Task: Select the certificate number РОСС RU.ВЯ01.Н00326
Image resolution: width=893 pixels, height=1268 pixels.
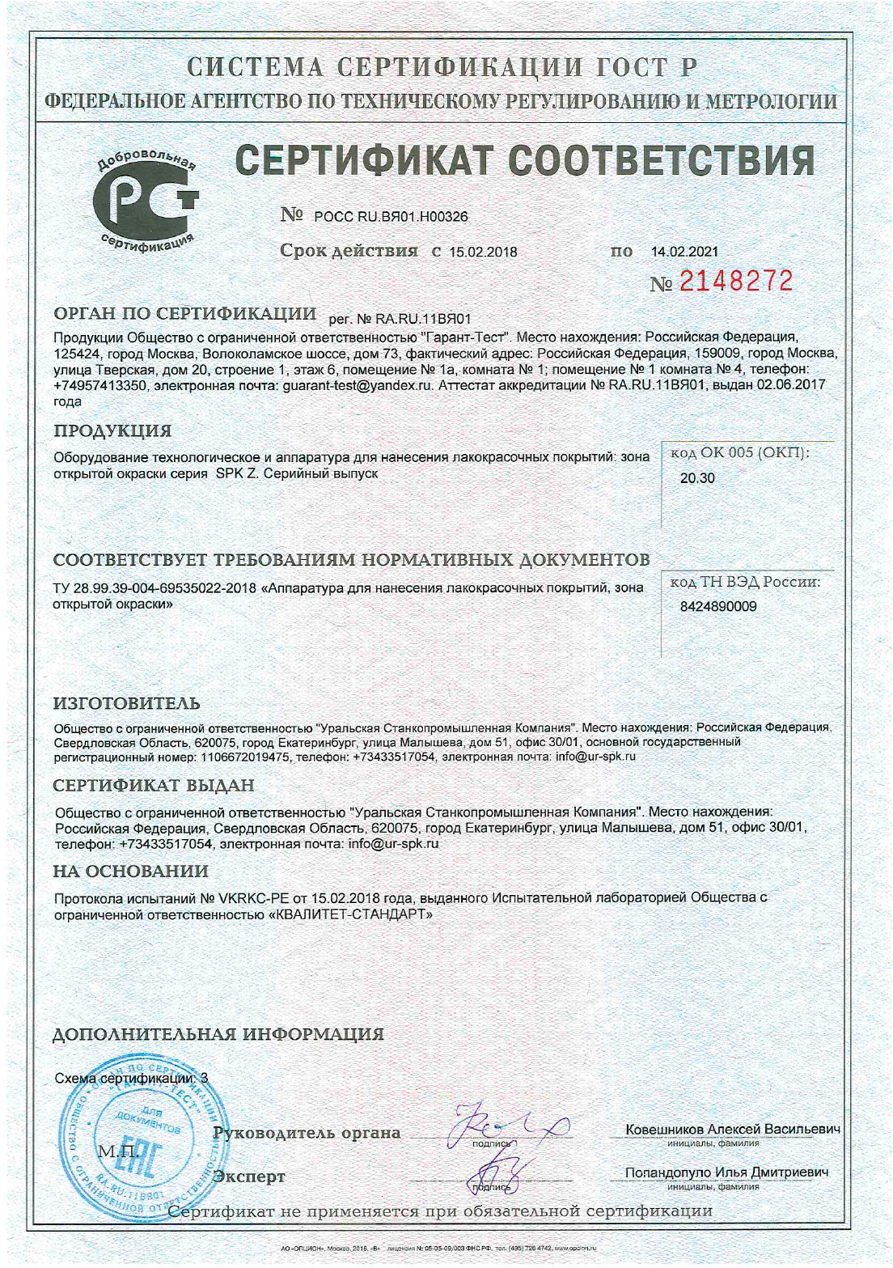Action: click(x=390, y=217)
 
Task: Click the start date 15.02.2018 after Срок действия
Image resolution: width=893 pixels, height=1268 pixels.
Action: click(x=483, y=252)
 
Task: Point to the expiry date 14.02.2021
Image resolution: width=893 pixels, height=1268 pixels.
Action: click(x=684, y=252)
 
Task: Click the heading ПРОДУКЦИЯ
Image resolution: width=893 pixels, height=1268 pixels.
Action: click(x=112, y=430)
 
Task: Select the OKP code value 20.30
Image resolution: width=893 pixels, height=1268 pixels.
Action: click(x=697, y=478)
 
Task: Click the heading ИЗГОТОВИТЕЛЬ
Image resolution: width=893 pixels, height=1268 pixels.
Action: click(x=126, y=704)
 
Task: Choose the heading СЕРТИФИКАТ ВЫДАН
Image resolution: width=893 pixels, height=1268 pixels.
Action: click(x=154, y=785)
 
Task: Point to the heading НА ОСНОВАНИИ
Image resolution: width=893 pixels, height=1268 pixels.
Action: click(x=130, y=871)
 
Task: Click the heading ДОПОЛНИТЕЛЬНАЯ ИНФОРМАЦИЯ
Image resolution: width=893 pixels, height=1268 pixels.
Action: click(x=218, y=1034)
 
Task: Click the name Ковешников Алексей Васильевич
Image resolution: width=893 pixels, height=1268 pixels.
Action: click(x=732, y=1130)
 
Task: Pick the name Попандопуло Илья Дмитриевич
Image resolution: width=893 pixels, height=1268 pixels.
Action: click(x=726, y=1173)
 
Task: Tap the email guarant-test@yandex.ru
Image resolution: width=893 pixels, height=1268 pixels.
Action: click(x=356, y=385)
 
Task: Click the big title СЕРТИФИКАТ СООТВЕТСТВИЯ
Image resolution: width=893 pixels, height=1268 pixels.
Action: click(x=525, y=159)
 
